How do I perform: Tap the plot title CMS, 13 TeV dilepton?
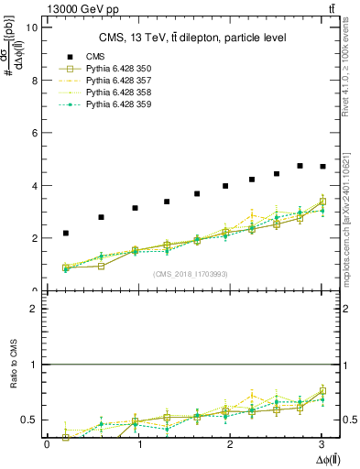(x=192, y=38)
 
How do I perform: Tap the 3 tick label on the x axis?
(x=322, y=444)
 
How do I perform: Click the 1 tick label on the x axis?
(x=139, y=444)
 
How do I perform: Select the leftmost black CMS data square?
(x=66, y=233)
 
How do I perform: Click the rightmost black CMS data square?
(x=322, y=167)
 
